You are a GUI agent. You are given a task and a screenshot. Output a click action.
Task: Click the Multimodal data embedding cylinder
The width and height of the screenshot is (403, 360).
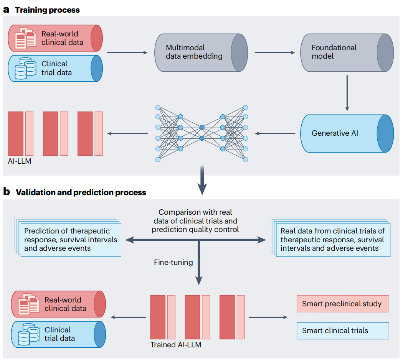[201, 53]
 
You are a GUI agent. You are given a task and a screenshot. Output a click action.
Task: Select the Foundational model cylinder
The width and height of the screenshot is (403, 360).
[347, 53]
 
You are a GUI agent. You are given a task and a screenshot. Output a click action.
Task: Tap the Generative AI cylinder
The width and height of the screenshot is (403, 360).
[347, 133]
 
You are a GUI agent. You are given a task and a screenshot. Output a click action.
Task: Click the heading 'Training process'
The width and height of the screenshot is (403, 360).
[47, 10]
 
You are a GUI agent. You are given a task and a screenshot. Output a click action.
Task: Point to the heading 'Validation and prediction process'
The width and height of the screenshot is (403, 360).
[81, 192]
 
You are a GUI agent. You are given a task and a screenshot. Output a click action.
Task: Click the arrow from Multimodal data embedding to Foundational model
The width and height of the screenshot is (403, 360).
[275, 53]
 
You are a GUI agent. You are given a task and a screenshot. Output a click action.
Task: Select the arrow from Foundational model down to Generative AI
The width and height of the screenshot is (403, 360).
[347, 93]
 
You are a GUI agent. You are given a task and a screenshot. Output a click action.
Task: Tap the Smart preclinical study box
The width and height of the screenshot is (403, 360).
[343, 304]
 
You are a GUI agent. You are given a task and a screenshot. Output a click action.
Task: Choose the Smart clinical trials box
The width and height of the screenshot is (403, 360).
[343, 331]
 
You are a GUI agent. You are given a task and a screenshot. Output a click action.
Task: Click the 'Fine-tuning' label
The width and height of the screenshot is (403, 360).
[173, 262]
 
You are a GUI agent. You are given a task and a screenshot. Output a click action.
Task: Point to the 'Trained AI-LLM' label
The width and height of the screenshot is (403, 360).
[176, 345]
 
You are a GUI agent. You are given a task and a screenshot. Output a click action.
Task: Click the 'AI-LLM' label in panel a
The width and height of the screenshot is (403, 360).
[20, 161]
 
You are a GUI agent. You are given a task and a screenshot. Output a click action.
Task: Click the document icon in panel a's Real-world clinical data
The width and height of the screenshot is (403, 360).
[25, 38]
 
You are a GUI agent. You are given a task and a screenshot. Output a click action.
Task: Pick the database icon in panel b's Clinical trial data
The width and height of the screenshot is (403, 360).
[28, 334]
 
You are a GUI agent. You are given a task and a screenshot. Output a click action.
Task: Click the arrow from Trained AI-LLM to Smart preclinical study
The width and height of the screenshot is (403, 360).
[268, 317]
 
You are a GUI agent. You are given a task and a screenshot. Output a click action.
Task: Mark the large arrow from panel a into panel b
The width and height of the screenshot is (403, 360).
[202, 180]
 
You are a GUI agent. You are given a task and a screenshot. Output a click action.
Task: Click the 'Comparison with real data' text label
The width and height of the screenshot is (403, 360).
[195, 221]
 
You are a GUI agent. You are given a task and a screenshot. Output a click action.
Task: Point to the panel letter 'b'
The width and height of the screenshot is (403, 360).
[7, 192]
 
